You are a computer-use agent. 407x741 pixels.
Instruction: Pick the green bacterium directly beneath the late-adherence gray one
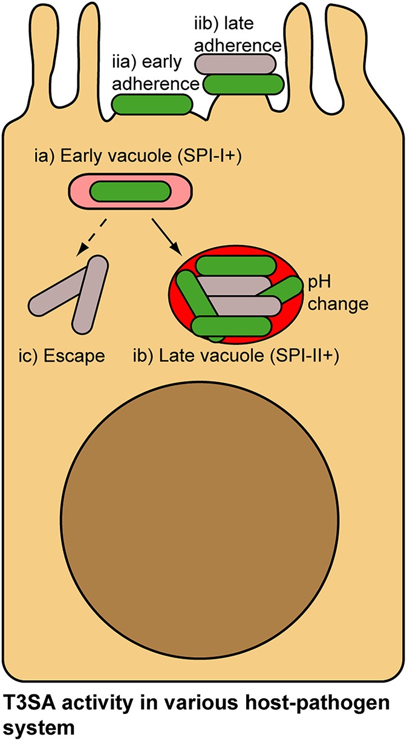245,84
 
